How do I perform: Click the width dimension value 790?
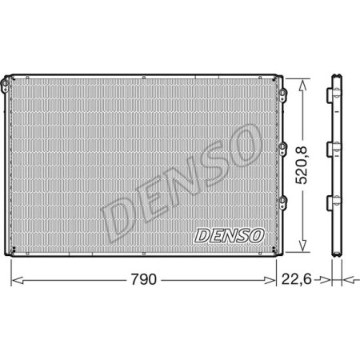[144, 280]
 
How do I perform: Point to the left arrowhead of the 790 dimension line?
[15, 280]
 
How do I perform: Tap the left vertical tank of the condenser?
[12, 168]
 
